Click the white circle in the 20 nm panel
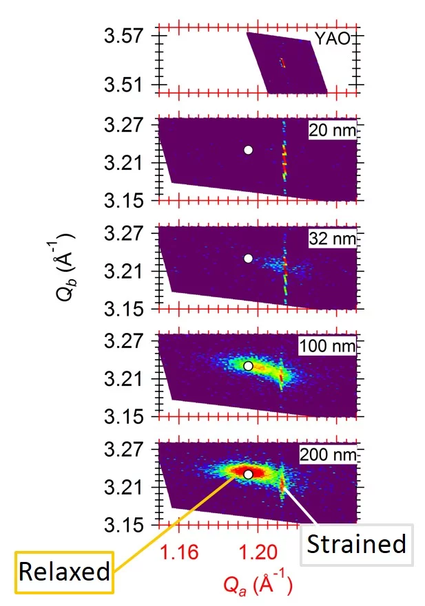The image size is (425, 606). point(249,149)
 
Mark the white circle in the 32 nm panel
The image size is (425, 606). point(249,258)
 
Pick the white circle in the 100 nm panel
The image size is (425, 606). point(249,366)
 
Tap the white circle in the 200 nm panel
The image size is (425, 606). point(249,474)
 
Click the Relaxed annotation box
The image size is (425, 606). point(64,571)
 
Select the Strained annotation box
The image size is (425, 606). point(355,545)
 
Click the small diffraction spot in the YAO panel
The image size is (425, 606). point(282,63)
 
